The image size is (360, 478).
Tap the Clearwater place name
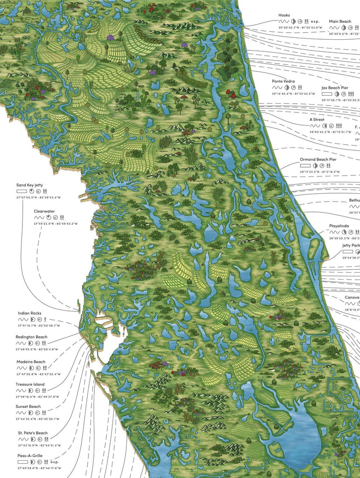(44, 211)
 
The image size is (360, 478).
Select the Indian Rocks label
(30, 313)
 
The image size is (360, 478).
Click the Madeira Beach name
(32, 362)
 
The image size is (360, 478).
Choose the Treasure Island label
(31, 384)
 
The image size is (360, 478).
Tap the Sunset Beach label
(29, 407)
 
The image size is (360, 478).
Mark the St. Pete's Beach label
(33, 433)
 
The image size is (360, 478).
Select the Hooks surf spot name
(284, 15)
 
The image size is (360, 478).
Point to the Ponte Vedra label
(283, 81)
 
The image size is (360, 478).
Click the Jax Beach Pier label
(334, 88)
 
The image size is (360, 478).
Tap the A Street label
(317, 119)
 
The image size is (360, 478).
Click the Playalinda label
(339, 225)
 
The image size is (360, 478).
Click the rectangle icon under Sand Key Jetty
(21, 191)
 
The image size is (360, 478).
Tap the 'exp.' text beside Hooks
(315, 21)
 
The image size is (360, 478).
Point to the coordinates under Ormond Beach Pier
(319, 172)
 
